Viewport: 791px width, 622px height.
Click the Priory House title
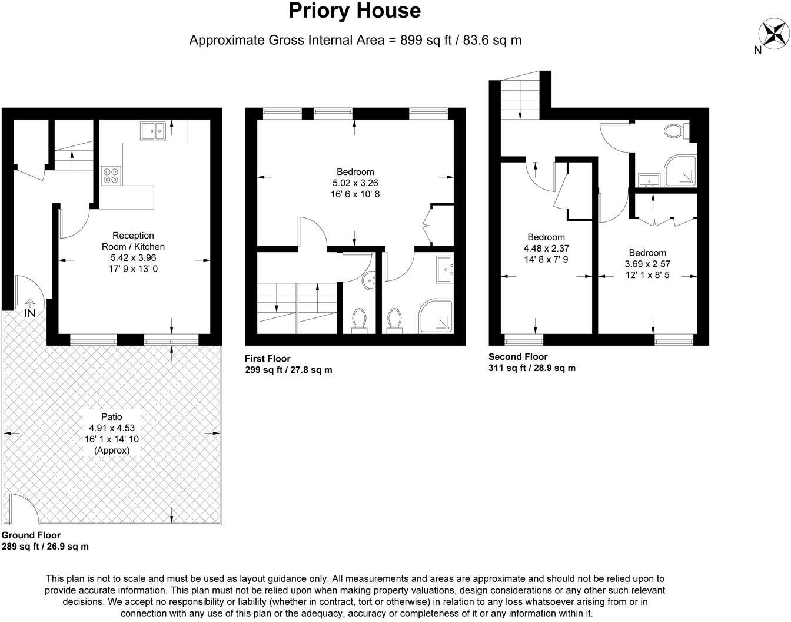coord(354,11)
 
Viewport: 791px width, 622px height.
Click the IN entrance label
coord(29,313)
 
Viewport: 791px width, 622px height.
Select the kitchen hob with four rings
coord(111,175)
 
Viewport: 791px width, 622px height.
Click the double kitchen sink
coord(153,131)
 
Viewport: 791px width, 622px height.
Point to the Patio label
coord(112,417)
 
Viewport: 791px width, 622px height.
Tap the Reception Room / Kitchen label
coord(133,241)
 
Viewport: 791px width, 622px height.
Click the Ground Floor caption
coord(31,535)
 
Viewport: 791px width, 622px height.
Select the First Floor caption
coord(268,359)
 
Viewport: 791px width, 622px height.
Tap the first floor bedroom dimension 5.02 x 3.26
coord(355,183)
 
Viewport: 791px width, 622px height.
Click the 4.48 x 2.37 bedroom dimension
coord(546,249)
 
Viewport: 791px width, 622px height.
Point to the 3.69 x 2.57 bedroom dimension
coord(647,264)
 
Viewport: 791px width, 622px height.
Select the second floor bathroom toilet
coord(673,131)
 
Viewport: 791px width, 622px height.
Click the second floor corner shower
coord(680,172)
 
